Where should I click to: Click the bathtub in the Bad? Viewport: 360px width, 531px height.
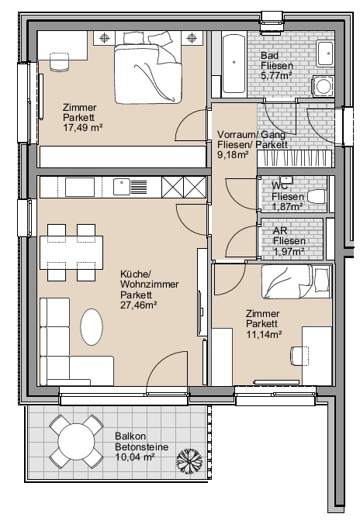(x=234, y=63)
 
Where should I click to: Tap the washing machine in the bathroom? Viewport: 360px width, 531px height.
(x=323, y=86)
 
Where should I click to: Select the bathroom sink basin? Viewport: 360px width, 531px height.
(x=325, y=53)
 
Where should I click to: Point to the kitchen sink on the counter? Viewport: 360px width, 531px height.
(x=122, y=187)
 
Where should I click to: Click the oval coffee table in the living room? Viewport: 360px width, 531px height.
(x=92, y=327)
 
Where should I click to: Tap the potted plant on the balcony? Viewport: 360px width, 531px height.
(x=189, y=460)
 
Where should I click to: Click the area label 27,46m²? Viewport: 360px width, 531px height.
(x=138, y=305)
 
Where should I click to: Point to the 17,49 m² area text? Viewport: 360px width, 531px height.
(x=83, y=128)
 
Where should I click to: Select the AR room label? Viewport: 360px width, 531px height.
(x=280, y=231)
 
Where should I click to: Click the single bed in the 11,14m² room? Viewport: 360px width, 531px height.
(x=296, y=281)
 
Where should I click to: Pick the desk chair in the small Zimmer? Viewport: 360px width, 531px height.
(x=299, y=356)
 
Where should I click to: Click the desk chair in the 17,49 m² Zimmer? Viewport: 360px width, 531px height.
(x=60, y=62)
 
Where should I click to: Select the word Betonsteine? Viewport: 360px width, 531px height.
(x=142, y=447)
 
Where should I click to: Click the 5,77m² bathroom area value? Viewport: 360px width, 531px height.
(x=276, y=75)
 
